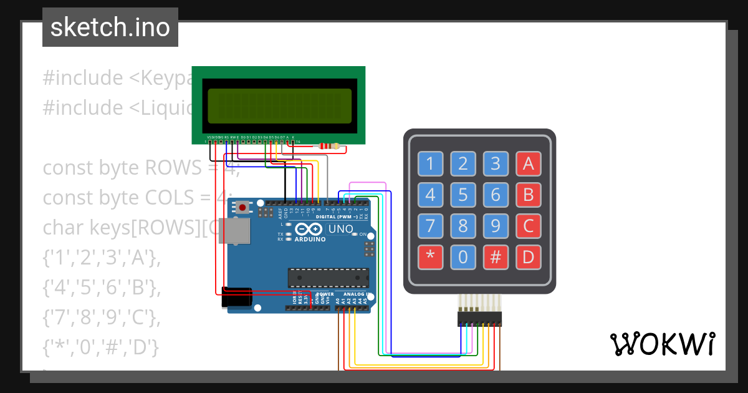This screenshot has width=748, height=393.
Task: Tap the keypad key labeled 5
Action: tap(463, 195)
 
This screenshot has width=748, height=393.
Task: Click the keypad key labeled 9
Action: tap(496, 225)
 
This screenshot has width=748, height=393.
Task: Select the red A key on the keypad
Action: tap(528, 164)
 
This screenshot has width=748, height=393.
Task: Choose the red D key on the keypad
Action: tap(528, 256)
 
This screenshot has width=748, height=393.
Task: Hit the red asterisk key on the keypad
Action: tap(430, 256)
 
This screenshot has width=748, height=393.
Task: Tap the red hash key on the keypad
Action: tap(496, 256)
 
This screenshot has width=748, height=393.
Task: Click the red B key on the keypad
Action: tap(528, 195)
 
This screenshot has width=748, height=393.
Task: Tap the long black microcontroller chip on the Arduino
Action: tap(327, 278)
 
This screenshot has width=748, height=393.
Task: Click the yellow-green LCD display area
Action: tap(279, 105)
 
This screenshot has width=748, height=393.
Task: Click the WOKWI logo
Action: tap(662, 344)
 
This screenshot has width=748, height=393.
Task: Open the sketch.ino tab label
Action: tap(110, 27)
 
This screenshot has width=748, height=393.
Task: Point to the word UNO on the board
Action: tap(340, 229)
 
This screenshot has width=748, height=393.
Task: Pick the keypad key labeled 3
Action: tap(496, 164)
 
